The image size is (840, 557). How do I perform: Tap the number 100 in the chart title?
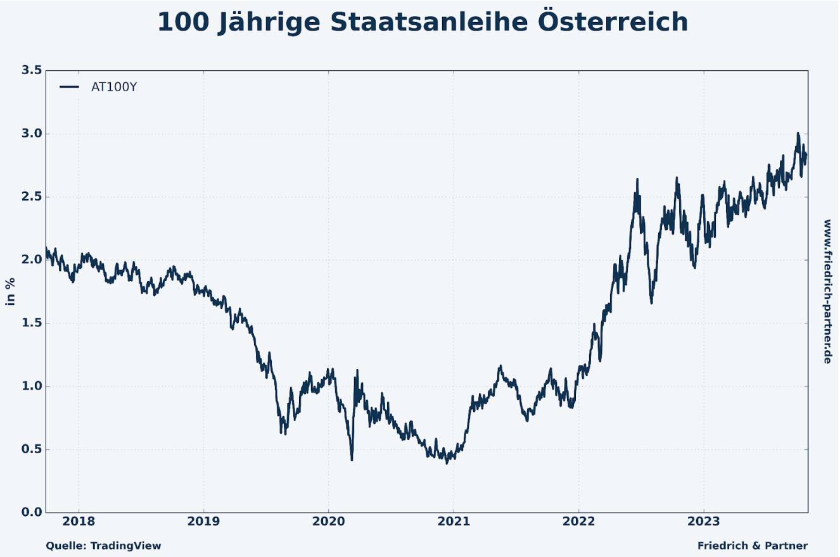coord(182,22)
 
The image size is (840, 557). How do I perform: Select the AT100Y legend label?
coord(114,87)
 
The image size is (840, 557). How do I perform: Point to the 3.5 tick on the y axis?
coord(32,70)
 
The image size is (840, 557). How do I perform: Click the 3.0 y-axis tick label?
coord(32,134)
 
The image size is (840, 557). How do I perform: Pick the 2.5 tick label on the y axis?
coord(32,197)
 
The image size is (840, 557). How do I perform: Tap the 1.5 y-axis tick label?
coord(32,323)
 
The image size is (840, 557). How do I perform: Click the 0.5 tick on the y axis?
coord(32,449)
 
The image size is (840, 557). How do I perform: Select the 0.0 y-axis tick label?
coord(32,512)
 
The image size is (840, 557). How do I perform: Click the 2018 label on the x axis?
coord(79,522)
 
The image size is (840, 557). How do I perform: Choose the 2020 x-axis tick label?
coord(328,522)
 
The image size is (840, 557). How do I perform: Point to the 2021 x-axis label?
coord(454,522)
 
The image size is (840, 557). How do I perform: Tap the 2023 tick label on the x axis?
coord(703,522)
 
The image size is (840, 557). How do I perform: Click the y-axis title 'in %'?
coord(11,291)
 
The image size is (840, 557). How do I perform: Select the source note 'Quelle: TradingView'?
coord(103,546)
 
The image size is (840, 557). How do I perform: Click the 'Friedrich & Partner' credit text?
coord(753,546)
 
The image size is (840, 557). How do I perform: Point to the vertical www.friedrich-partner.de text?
coord(827,291)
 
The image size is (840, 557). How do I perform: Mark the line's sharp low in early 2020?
coord(352,460)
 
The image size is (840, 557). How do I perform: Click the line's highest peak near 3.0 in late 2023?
coord(798,134)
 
